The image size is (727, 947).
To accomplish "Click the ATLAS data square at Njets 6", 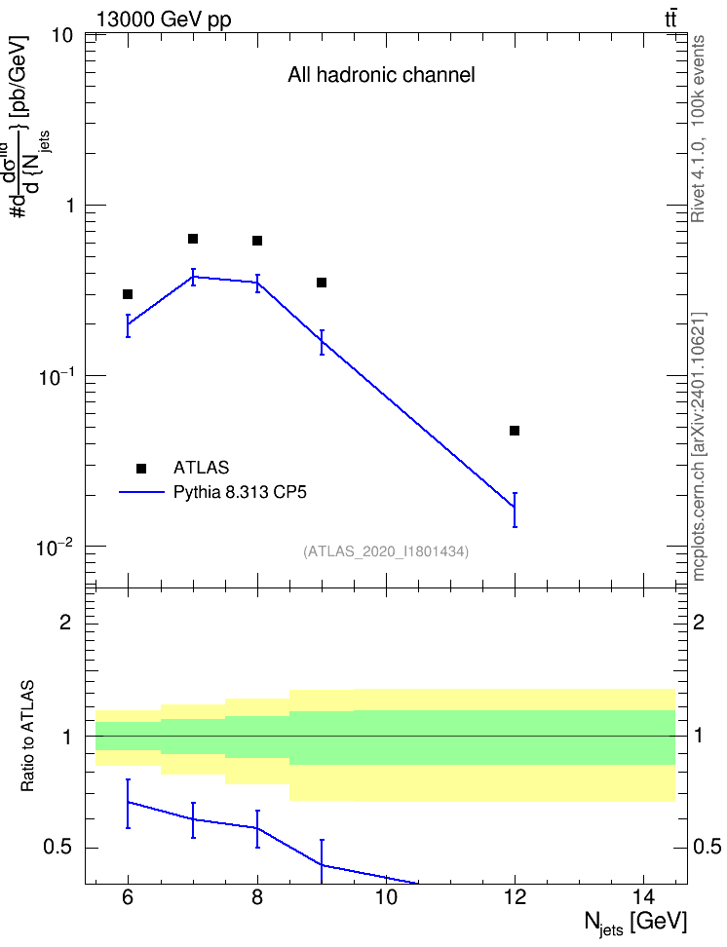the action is [x=128, y=294].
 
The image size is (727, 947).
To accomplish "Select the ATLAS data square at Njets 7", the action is [x=193, y=239].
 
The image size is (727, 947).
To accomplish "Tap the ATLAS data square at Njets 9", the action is [x=322, y=283].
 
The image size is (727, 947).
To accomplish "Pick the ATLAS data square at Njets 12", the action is [x=515, y=431].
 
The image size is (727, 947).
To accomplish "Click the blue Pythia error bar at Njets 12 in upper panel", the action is [x=515, y=510].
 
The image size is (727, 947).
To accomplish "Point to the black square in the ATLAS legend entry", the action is [x=141, y=468].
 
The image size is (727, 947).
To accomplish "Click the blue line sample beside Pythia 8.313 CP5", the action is [x=141, y=492].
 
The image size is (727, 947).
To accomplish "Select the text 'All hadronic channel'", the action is [x=381, y=75].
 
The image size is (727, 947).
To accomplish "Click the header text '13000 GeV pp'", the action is [x=164, y=19].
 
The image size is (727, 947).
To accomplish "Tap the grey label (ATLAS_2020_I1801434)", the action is [x=386, y=551].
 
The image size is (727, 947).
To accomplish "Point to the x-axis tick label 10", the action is [x=386, y=897].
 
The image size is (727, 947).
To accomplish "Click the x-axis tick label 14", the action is [x=643, y=897].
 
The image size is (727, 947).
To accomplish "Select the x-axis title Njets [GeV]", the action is [x=635, y=924].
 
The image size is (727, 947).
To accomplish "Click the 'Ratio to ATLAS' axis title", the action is [x=27, y=737].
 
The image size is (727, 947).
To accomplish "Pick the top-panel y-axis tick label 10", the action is [x=61, y=36].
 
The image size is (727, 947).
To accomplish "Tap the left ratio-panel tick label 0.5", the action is [x=57, y=848].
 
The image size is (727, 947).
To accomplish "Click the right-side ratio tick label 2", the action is [x=699, y=622].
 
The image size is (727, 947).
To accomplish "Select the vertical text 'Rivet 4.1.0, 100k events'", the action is [x=698, y=129].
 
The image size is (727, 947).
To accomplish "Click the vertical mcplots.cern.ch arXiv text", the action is [x=698, y=446].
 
